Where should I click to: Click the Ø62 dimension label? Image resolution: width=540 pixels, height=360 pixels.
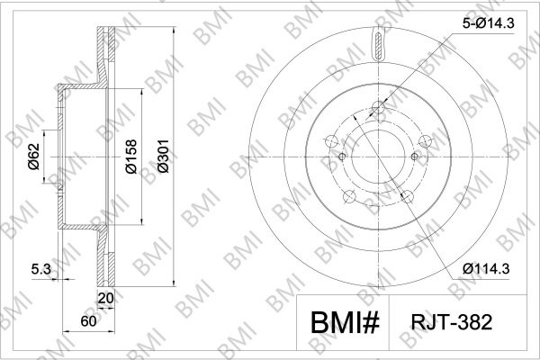34,157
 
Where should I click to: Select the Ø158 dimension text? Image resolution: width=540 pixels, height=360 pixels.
130,157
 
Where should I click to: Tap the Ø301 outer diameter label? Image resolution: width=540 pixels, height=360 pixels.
163,156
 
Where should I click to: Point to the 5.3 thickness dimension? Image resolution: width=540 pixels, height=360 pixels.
41,269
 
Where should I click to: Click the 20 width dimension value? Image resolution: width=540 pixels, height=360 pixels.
105,298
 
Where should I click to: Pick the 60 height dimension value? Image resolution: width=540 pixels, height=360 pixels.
88,321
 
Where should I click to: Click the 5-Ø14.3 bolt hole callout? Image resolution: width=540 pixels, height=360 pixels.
489,23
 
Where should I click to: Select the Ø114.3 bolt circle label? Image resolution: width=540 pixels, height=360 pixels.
486,268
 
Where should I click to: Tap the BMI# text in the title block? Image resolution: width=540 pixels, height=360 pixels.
345,323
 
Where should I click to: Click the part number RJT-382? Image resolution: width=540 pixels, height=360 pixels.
452,322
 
